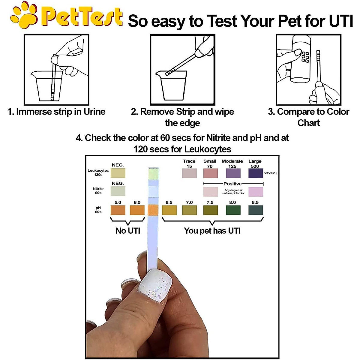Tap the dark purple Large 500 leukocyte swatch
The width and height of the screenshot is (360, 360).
[x=256, y=173]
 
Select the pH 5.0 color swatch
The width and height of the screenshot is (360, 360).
[x=118, y=210]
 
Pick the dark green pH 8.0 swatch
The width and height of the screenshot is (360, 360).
[x=233, y=210]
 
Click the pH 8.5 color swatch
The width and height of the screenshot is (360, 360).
[x=256, y=210]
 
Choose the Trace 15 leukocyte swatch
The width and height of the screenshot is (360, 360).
[x=189, y=173]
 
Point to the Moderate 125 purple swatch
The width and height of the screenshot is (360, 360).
[x=233, y=173]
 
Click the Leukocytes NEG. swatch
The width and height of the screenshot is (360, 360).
[x=118, y=173]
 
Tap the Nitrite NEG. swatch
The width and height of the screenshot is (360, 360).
[x=118, y=191]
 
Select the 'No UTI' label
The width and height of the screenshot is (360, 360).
[x=128, y=231]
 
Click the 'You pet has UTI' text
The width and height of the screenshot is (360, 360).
[x=212, y=231]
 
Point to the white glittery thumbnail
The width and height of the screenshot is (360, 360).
[x=155, y=285]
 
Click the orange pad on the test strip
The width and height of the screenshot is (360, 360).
[x=153, y=210]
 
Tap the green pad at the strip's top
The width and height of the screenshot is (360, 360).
[x=153, y=173]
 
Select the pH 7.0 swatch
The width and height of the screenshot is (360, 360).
[x=189, y=210]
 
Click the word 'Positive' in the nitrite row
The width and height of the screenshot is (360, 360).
[x=232, y=184]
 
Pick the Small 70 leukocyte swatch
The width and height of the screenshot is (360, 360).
[x=210, y=173]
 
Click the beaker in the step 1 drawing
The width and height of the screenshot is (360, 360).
[x=48, y=87]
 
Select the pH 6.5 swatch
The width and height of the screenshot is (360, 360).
[x=169, y=210]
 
